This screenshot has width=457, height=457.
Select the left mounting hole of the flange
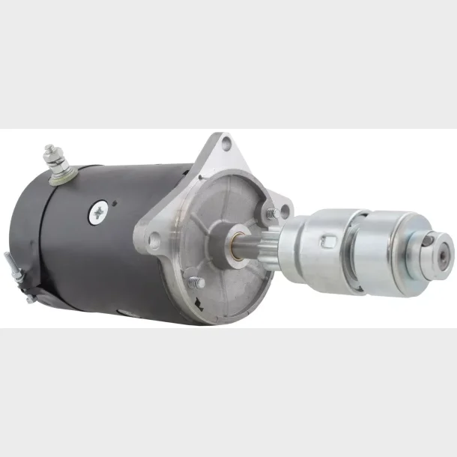click(x=155, y=241)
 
